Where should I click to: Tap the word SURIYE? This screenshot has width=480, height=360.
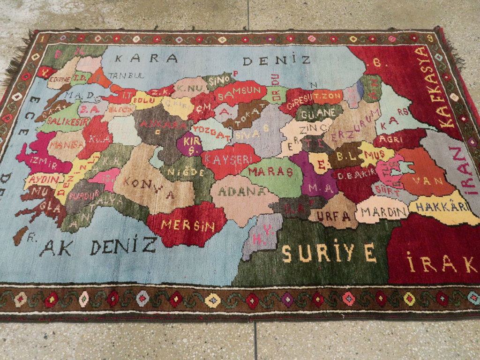(329, 253)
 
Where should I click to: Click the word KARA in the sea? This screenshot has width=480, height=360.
(146, 59)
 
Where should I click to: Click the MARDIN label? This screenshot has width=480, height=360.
(384, 211)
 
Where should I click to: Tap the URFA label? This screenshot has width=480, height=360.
(333, 216)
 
